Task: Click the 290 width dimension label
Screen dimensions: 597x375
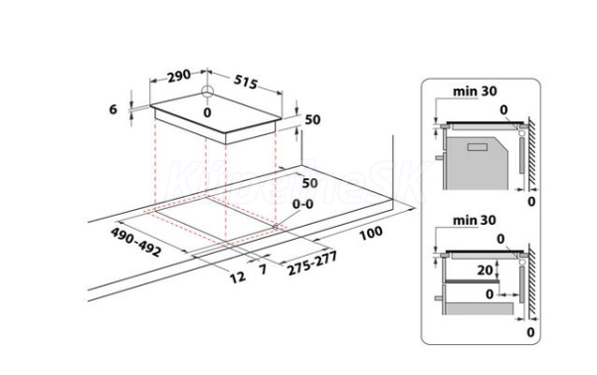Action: point(179,76)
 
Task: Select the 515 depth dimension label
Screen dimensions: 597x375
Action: point(246,82)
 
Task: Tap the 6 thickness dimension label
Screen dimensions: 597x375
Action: point(113,109)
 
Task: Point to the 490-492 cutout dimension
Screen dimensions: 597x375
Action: point(136,242)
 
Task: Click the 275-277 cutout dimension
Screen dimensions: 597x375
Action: point(312,264)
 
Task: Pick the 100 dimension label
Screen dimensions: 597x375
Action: point(371,233)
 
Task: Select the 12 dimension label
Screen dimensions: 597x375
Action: point(238,277)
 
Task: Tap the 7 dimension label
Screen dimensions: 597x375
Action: point(263,270)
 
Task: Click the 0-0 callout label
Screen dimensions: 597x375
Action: point(303,205)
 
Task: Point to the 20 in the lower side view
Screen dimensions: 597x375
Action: point(486,270)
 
